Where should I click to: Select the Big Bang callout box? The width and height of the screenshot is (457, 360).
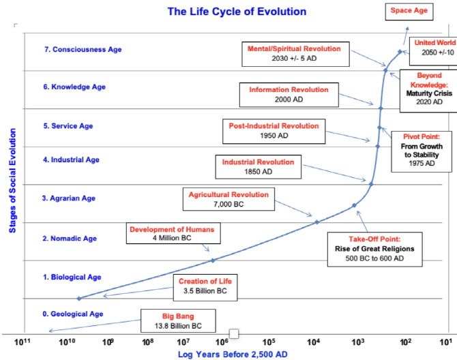point(178,320)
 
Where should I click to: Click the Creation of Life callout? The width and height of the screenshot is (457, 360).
point(206,288)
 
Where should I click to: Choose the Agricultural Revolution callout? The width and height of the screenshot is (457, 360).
point(228,199)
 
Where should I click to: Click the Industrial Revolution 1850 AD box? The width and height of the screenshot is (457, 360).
point(258,166)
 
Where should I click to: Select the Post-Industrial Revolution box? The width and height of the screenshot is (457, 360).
point(274,130)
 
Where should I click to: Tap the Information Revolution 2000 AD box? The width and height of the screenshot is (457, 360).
point(289,94)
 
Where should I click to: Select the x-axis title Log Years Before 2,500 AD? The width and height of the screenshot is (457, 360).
point(233,355)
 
